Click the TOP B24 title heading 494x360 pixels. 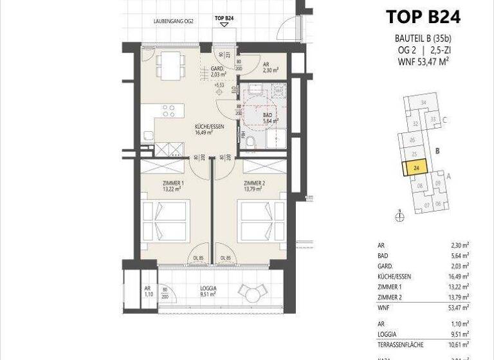tap(423, 17)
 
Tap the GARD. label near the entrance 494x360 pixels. tap(218, 72)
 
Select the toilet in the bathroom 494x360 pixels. tap(249, 141)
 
